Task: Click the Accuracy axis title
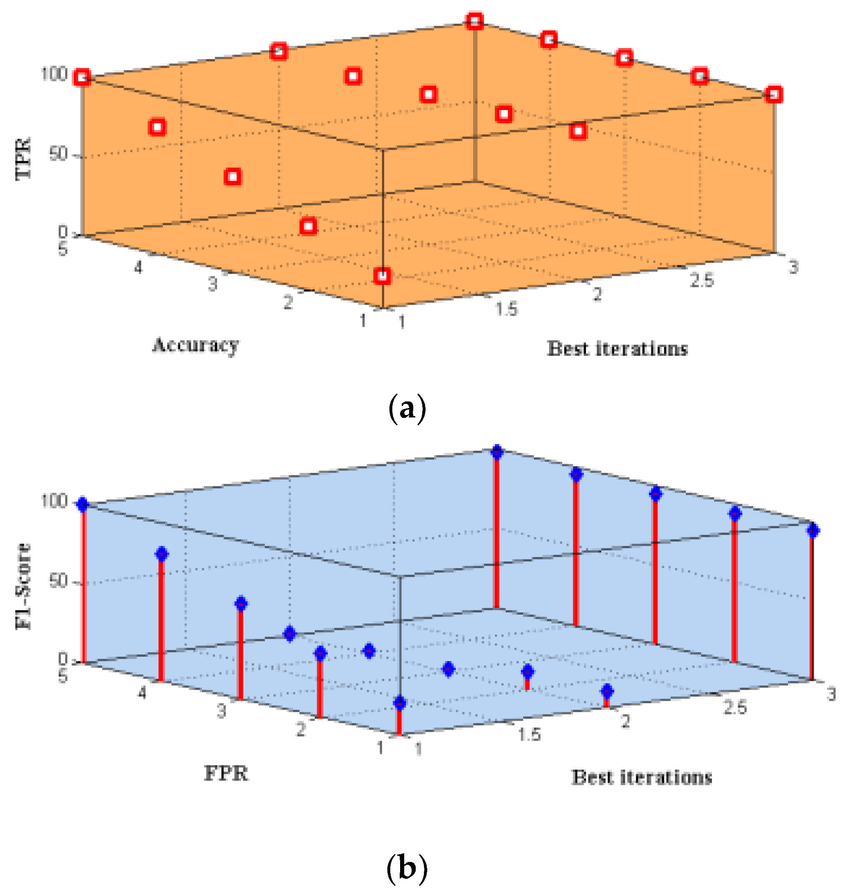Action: pyautogui.click(x=195, y=346)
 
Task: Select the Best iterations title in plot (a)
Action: pyautogui.click(x=617, y=349)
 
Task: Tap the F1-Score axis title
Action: pyautogui.click(x=23, y=587)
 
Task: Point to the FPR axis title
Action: pyautogui.click(x=226, y=773)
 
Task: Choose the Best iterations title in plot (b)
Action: pyautogui.click(x=641, y=777)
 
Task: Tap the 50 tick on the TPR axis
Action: pyautogui.click(x=59, y=154)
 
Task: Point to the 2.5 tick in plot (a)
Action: pyautogui.click(x=702, y=280)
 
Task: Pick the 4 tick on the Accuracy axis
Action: pyautogui.click(x=138, y=267)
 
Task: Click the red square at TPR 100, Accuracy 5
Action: pyautogui.click(x=82, y=78)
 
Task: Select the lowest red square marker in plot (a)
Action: pyautogui.click(x=382, y=275)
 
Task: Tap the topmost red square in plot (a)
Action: pyautogui.click(x=475, y=21)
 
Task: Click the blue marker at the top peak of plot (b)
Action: pyautogui.click(x=497, y=452)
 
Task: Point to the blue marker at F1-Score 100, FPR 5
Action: pyautogui.click(x=82, y=505)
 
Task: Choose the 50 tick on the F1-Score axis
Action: pyautogui.click(x=59, y=581)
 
